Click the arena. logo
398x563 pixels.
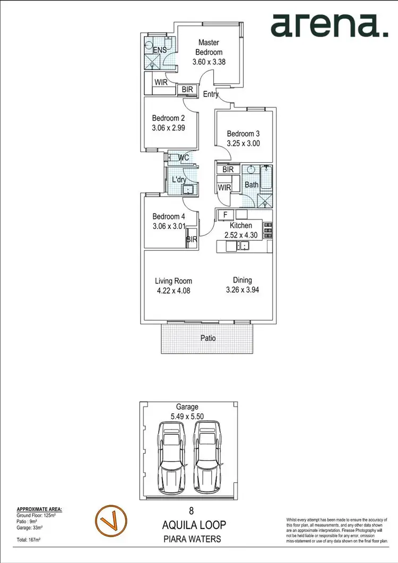pyautogui.click(x=329, y=25)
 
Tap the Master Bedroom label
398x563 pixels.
pyautogui.click(x=209, y=47)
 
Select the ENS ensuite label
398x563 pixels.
pyautogui.click(x=160, y=50)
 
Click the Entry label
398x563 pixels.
pyautogui.click(x=211, y=94)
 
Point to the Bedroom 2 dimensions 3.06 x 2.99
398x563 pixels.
pyautogui.click(x=168, y=128)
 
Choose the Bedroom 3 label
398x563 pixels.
pyautogui.click(x=244, y=134)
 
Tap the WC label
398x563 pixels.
pyautogui.click(x=184, y=158)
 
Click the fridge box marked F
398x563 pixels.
pyautogui.click(x=225, y=215)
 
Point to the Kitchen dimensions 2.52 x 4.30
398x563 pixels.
pyautogui.click(x=244, y=235)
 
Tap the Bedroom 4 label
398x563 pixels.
pyautogui.click(x=169, y=216)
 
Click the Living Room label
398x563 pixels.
pyautogui.click(x=174, y=281)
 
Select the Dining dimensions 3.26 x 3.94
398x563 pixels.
pyautogui.click(x=242, y=290)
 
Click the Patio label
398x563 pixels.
pyautogui.click(x=208, y=338)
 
